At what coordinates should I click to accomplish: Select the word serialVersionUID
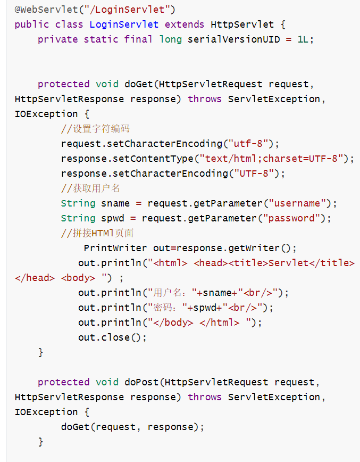point(233,39)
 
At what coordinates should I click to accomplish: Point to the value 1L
point(302,39)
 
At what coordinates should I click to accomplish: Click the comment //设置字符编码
point(95,129)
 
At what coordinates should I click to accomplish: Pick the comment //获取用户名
point(90,188)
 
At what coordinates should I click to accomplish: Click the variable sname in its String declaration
point(115,203)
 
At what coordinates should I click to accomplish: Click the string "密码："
point(165,308)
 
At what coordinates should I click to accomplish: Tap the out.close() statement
point(112,337)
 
